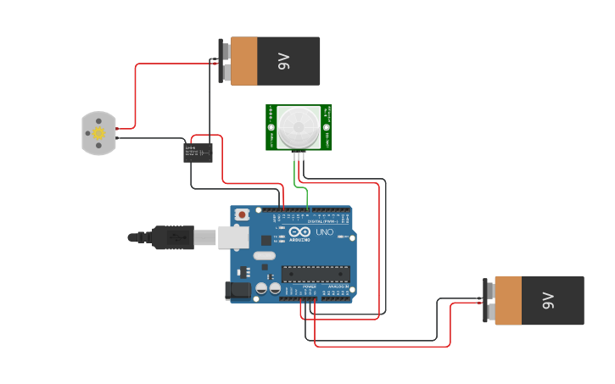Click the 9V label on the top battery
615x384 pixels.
283,61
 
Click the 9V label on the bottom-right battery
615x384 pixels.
547,300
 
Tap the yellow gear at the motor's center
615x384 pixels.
98,133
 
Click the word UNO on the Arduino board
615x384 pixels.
324,232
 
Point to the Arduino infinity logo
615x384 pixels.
299,232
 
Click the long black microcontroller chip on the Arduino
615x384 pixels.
316,273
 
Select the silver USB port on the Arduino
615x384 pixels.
234,237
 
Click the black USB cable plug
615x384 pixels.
175,238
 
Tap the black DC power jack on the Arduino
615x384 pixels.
238,291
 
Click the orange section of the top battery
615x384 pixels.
243,61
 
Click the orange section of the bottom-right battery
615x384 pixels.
508,300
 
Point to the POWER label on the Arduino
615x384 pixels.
309,287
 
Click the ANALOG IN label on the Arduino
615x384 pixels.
338,287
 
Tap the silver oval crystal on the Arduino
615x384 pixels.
265,255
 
